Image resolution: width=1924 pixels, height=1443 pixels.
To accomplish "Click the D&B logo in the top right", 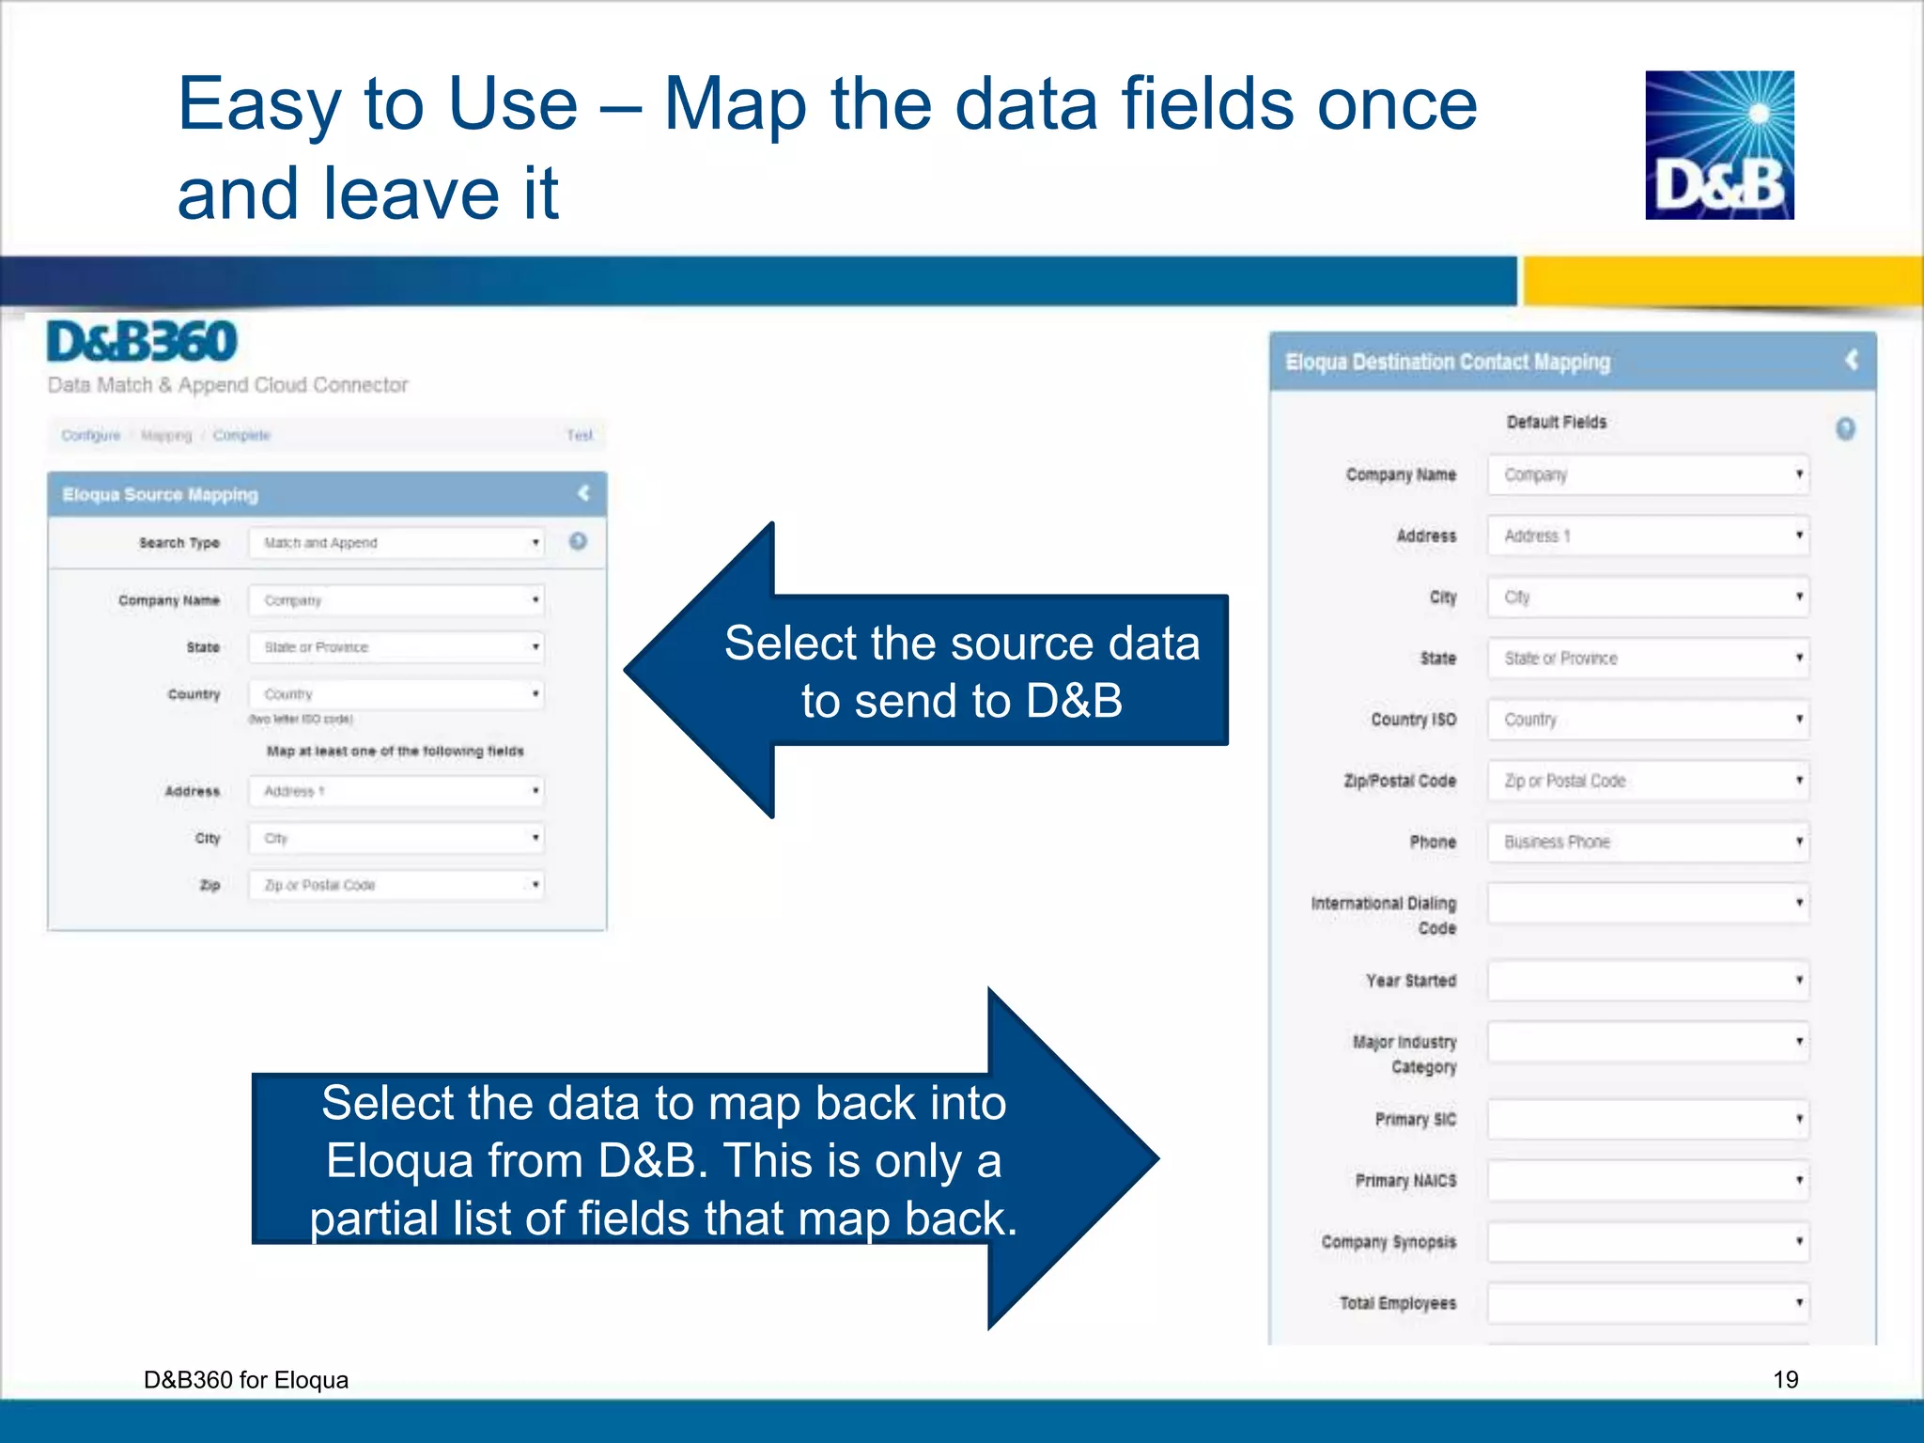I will [1718, 146].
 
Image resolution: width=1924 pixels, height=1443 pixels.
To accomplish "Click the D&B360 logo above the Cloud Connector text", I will [142, 342].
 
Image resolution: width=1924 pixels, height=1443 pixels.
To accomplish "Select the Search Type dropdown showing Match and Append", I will [396, 543].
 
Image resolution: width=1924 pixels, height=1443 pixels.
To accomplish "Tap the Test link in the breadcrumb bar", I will [579, 436].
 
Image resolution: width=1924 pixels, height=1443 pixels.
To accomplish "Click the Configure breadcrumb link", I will [91, 436].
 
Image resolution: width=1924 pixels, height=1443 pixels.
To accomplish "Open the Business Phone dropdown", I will [1648, 842].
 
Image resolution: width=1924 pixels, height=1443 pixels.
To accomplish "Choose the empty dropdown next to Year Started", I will [1648, 981].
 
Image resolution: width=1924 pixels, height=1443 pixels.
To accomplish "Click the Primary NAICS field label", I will [1405, 1181].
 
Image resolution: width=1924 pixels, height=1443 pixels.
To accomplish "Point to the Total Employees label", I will [1398, 1303].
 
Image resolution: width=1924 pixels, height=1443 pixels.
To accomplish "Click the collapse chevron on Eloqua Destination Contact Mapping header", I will [1851, 360].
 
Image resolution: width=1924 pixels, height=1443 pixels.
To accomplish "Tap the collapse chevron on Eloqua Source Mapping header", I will [583, 493].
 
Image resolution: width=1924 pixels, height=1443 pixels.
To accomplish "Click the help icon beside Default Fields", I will [1845, 429].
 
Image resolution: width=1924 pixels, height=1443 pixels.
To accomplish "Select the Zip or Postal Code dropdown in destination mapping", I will [1648, 781].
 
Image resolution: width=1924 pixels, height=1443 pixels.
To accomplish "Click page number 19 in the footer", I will [1785, 1379].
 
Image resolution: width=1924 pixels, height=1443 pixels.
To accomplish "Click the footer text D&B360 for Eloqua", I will [246, 1379].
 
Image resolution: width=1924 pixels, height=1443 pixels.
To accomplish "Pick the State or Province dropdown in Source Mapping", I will [396, 647].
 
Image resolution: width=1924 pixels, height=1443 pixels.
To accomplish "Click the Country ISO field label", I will [1413, 720].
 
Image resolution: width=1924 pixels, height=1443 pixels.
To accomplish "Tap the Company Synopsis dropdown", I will [1648, 1242].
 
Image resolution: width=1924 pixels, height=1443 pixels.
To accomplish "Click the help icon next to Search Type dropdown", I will [578, 541].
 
